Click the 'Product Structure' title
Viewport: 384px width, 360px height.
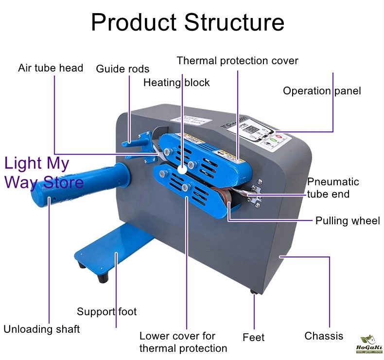[188, 23]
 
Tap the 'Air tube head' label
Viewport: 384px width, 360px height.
[51, 68]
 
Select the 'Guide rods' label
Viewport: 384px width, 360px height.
[122, 69]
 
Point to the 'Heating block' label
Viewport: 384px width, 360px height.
[176, 83]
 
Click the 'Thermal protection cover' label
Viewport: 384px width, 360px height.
[237, 61]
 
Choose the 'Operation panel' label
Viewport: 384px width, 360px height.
[322, 91]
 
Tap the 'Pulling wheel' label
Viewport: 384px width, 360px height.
[348, 220]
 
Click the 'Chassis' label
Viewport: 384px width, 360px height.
[324, 336]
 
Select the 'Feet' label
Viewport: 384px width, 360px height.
[253, 337]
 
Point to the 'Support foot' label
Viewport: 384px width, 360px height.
[107, 311]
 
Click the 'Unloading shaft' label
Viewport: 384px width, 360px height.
[42, 329]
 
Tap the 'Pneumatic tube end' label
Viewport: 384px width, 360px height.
[333, 188]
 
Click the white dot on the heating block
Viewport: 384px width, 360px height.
[181, 170]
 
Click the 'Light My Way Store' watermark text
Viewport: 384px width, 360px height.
[44, 173]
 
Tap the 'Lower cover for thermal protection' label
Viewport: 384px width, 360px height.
[183, 342]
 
